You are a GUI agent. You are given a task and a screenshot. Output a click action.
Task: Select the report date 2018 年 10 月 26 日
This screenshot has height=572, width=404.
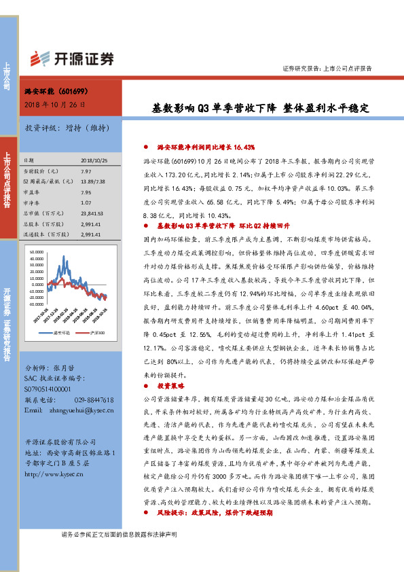[x=52, y=104]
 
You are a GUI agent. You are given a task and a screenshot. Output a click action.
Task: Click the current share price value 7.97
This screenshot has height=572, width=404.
[x=86, y=172]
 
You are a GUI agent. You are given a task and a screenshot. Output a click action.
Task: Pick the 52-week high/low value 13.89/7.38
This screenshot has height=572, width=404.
[x=92, y=181]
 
